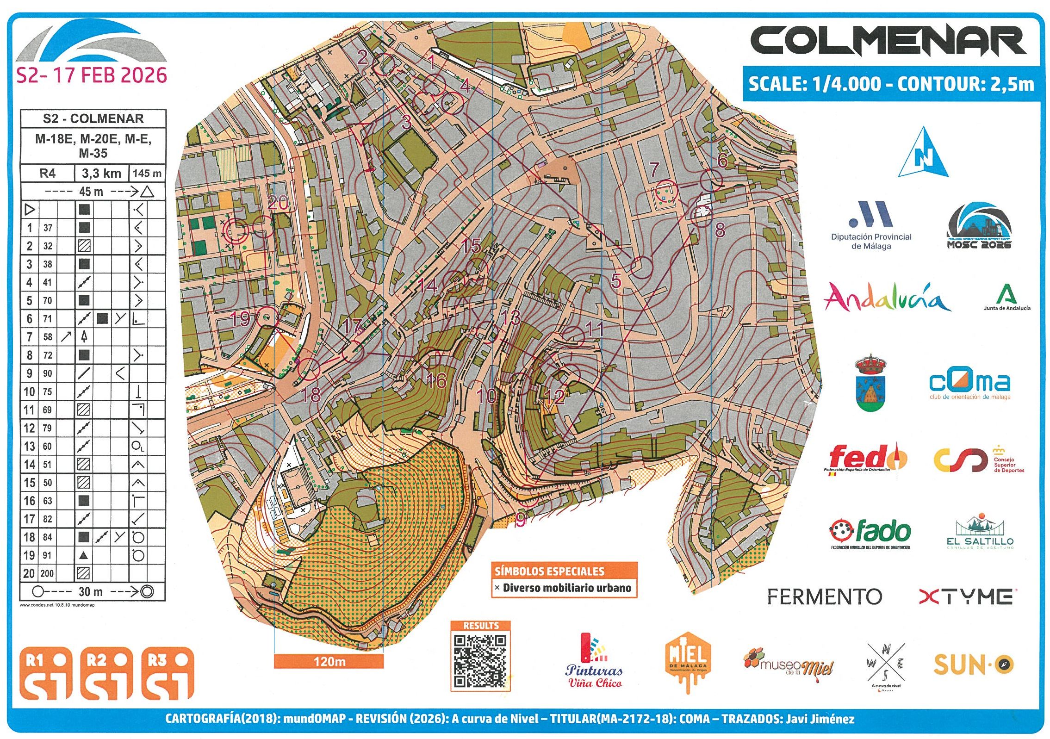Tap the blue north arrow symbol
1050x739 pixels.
[x=923, y=154]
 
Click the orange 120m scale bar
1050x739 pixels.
[x=329, y=661]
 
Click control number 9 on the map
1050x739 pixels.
[x=521, y=520]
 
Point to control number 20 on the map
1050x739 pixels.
[x=278, y=203]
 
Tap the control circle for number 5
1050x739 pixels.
[x=641, y=265]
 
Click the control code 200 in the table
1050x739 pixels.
[x=47, y=573]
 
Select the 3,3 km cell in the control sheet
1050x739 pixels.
[x=101, y=174]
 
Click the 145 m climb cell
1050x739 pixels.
[x=147, y=174]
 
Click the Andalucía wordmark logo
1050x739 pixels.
[x=886, y=297]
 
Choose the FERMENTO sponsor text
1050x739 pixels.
[x=824, y=596]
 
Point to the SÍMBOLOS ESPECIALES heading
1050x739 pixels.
[x=549, y=571]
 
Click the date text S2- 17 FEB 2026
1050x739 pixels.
[x=91, y=75]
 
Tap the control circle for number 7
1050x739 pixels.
[x=667, y=190]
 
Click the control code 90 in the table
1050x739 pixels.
[x=47, y=373]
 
